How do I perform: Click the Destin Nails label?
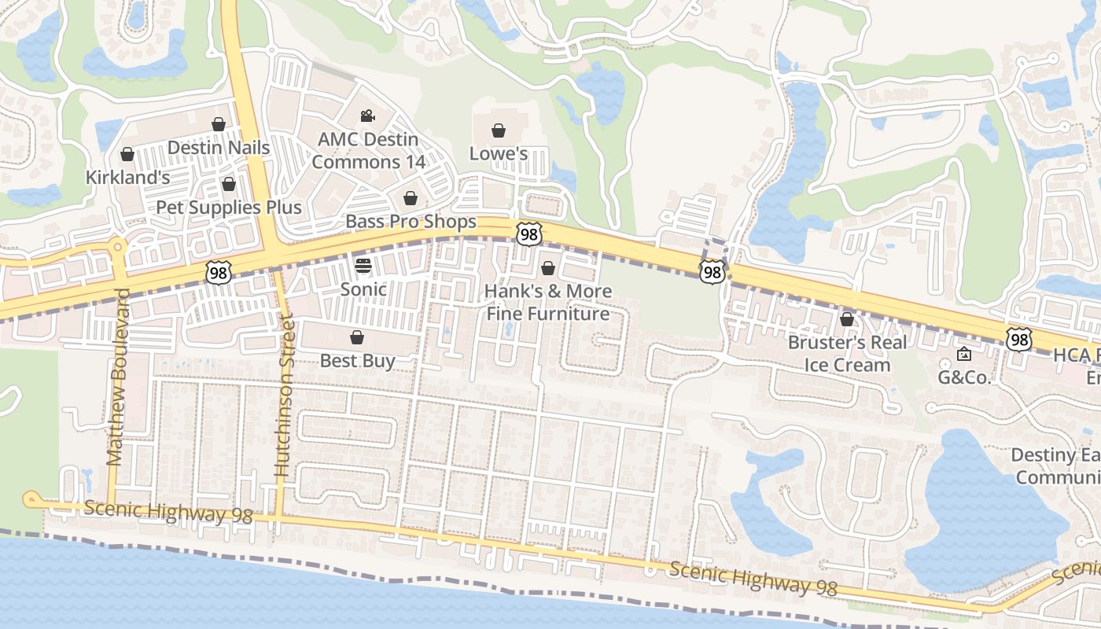219,148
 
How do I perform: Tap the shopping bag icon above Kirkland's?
127,154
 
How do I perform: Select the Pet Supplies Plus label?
229,208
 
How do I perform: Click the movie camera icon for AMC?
367,116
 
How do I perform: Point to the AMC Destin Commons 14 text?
368,151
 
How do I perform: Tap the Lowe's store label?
499,153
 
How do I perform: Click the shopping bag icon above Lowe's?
499,130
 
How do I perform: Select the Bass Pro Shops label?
411,222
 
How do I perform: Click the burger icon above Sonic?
363,266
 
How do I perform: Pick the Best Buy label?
357,361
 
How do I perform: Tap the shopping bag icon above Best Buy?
357,337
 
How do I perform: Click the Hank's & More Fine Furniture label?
547,303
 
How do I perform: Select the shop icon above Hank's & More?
548,268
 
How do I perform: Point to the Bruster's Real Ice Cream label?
847,354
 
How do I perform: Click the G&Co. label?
964,377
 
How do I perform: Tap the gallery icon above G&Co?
964,354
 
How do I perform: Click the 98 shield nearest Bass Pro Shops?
529,234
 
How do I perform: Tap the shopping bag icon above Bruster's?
847,319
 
